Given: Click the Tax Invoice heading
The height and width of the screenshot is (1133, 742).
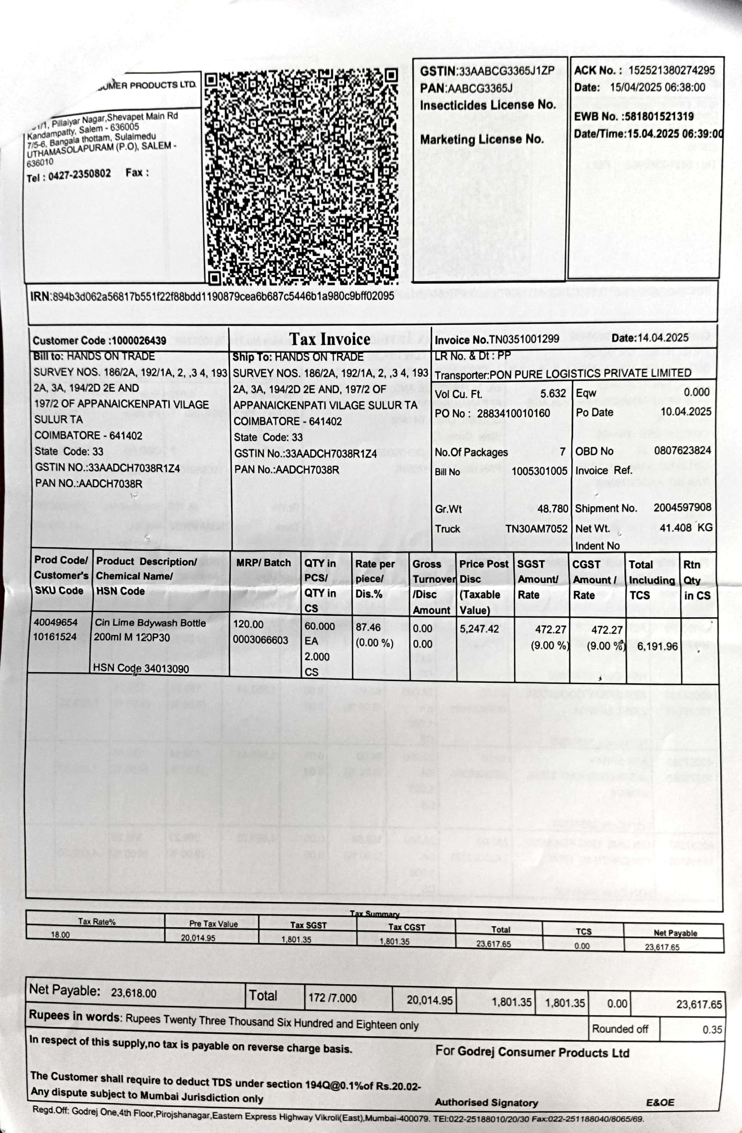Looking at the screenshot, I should click(x=330, y=339).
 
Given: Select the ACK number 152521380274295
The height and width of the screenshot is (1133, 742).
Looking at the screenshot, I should click(x=671, y=70).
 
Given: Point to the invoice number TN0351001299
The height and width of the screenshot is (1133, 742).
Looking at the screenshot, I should click(x=524, y=339).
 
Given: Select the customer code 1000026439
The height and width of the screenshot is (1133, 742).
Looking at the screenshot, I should click(x=139, y=340).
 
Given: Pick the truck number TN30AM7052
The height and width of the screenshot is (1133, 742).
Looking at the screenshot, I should click(x=536, y=528).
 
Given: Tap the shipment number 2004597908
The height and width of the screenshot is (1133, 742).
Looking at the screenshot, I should click(x=682, y=507).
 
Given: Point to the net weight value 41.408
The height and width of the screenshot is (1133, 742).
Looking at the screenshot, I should click(x=675, y=528).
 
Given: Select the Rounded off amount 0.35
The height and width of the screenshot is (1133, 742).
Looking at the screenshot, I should click(x=712, y=1030).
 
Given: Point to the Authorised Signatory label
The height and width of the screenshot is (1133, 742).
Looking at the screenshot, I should click(x=486, y=1102).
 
